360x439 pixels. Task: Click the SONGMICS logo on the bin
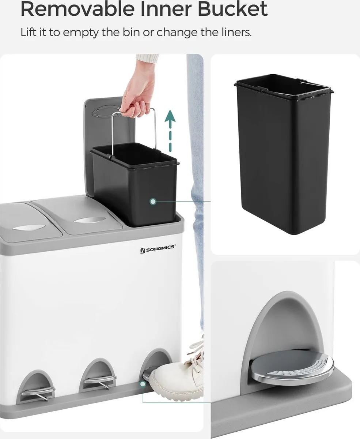[x=158, y=248]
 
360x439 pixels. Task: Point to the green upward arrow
[x=170, y=131]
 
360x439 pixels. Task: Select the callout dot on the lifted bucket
[x=153, y=202]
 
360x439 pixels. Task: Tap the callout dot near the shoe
[x=143, y=384]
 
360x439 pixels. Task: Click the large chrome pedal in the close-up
[x=292, y=366]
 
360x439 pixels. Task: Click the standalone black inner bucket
[x=284, y=154]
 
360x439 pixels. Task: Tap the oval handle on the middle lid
[x=90, y=220]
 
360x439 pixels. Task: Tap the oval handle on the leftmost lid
[x=29, y=227]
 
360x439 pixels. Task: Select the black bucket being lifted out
[x=135, y=185]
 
